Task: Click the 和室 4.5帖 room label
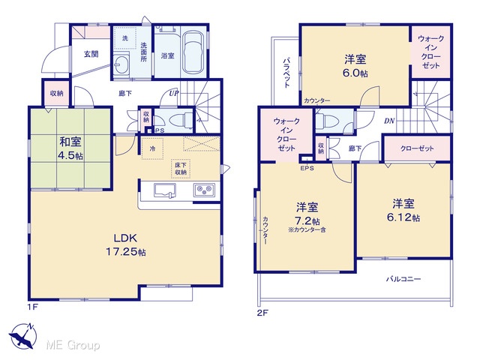click(x=70, y=148)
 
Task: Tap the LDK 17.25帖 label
click(x=125, y=245)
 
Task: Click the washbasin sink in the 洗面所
click(x=121, y=64)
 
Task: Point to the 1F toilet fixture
click(x=180, y=120)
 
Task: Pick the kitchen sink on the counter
click(x=165, y=190)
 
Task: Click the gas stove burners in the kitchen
click(x=204, y=190)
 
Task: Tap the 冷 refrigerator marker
click(x=152, y=148)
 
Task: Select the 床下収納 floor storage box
click(x=181, y=169)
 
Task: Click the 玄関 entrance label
click(x=91, y=55)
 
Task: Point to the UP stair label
click(x=173, y=93)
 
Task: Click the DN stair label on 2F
click(x=389, y=121)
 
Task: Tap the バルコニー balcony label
click(x=403, y=279)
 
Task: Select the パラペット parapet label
click(x=286, y=72)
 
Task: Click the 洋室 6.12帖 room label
click(x=403, y=210)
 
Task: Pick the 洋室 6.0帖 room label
click(x=355, y=66)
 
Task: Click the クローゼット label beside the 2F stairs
click(x=417, y=148)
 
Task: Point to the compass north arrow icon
click(x=23, y=336)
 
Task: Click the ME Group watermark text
click(x=73, y=345)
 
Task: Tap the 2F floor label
click(x=262, y=313)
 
